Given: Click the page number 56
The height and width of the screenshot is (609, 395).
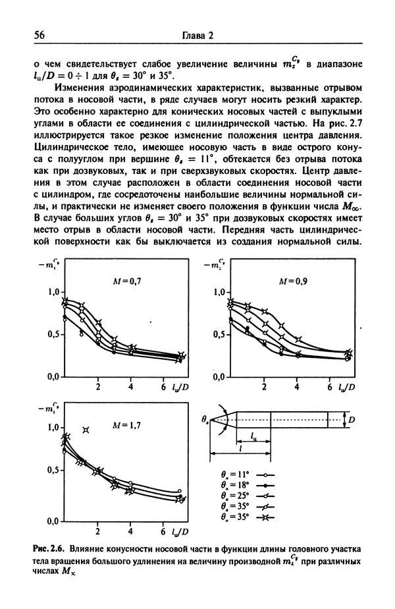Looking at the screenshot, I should coord(30,36).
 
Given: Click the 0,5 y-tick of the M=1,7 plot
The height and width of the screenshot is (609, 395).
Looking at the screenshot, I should coord(53,471).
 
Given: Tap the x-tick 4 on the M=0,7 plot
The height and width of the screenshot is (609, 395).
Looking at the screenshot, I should coord(131,386).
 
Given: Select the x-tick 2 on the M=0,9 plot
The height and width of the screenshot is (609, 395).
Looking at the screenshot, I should coord(264,386).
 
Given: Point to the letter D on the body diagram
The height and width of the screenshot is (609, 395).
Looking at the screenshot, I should coord(354,419).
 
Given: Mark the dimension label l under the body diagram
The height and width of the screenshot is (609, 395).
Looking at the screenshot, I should coord(240,448).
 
